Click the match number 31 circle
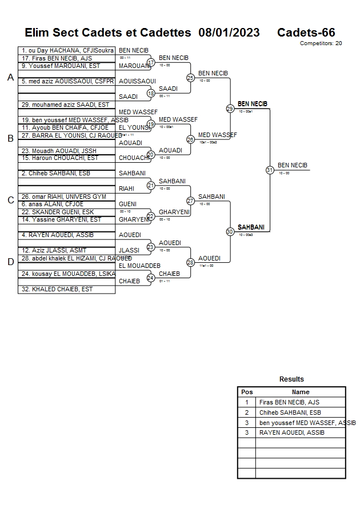pos(270,170)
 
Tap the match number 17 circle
pos(151,62)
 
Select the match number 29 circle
pos(230,108)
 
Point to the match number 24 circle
pos(151,278)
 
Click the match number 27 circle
pos(190,201)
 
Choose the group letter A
pos(10,78)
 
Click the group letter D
pos(10,262)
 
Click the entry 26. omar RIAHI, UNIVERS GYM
pos(64,197)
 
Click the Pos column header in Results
pos(247,392)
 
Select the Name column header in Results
pos(301,392)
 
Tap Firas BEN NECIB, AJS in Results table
pos(289,402)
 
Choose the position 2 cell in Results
pos(247,412)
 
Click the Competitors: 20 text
pos(321,43)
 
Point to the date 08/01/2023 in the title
pos(229,33)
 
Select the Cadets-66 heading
pos(306,33)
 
